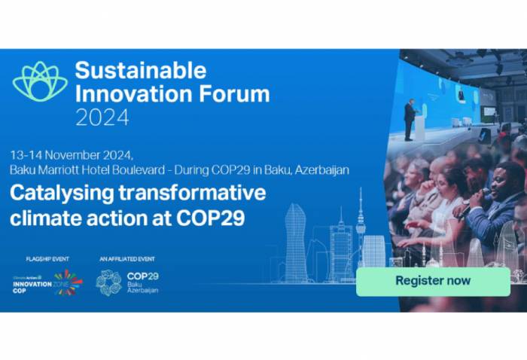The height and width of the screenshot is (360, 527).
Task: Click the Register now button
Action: click(x=433, y=281)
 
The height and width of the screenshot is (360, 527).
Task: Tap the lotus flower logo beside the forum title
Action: click(x=40, y=82)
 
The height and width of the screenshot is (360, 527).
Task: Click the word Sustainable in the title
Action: click(x=140, y=71)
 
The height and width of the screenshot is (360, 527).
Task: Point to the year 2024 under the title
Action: click(x=102, y=117)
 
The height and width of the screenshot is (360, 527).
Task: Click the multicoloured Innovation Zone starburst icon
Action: click(x=67, y=282)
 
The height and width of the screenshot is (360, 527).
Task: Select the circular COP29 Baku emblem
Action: click(x=108, y=283)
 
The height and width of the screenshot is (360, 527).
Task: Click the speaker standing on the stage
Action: click(x=410, y=119)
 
